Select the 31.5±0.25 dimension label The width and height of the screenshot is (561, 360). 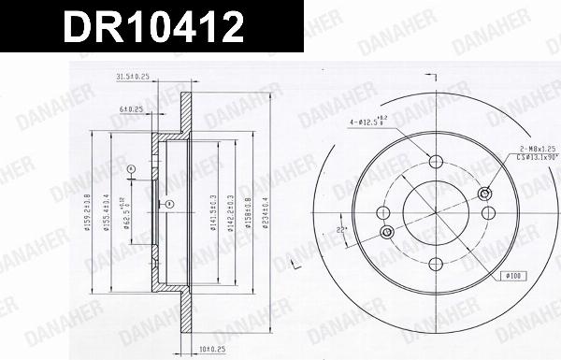(133, 77)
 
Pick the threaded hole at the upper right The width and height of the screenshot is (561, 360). (483, 194)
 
